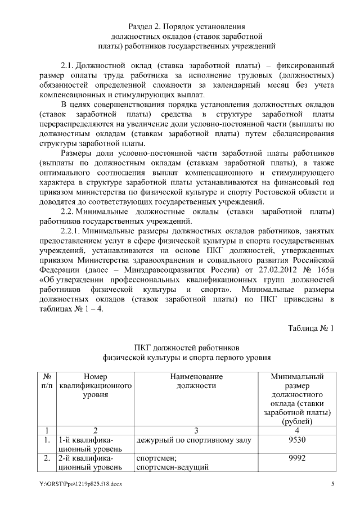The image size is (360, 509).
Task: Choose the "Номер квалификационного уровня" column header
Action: [x=95, y=386]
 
